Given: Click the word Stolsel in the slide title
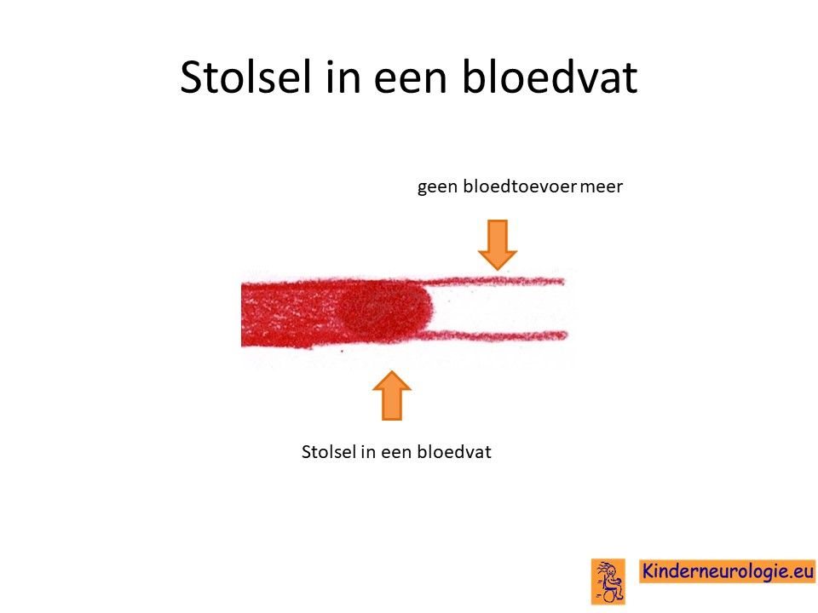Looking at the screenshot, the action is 245,77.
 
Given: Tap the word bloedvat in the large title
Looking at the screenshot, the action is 550,77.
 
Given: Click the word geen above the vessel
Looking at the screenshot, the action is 436,187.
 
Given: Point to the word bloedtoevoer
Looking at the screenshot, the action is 520,186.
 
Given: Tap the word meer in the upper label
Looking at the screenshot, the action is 601,187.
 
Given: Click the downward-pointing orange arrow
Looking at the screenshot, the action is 498,245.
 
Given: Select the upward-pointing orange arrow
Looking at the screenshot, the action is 392,396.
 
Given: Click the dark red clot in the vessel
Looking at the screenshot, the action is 384,309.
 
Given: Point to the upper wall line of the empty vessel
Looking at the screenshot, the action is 493,282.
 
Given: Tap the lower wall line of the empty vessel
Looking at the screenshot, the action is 494,335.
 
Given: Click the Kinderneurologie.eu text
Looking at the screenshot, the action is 728,570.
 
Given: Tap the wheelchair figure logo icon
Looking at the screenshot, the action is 608,581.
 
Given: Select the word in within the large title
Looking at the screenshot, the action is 343,78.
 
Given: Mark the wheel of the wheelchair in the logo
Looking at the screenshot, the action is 608,594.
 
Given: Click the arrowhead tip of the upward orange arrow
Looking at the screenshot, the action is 392,371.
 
